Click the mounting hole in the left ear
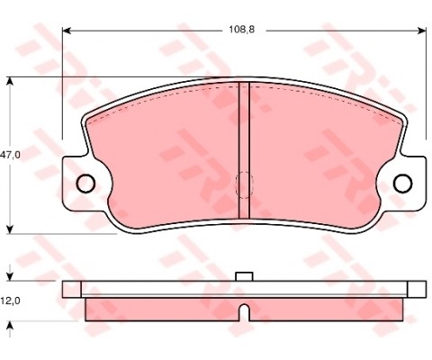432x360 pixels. [86, 184]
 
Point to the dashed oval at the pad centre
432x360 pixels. [243, 184]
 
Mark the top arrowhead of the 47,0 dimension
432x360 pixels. [10, 82]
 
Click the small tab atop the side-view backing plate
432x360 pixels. [243, 276]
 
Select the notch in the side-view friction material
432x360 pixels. [243, 313]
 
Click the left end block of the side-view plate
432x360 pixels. [72, 289]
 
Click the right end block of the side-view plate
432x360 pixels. [417, 289]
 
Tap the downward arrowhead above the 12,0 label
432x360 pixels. [10, 275]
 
